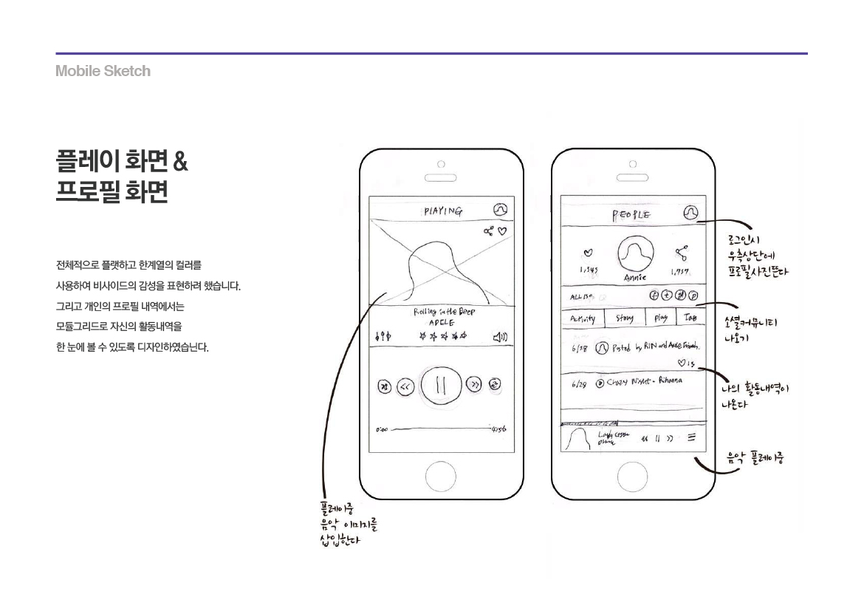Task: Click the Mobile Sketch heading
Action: (103, 72)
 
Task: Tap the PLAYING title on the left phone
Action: (443, 211)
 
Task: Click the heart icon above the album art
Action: (503, 231)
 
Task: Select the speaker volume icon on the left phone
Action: (500, 338)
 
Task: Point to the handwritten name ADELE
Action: (442, 323)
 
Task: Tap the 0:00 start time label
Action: (382, 429)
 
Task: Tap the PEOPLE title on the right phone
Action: (631, 214)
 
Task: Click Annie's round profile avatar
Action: (634, 255)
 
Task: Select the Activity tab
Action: (583, 319)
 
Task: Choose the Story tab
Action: (624, 318)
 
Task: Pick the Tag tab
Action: (690, 318)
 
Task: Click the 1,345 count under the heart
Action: (589, 270)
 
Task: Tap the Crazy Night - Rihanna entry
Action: (639, 382)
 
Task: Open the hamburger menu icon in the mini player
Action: (691, 437)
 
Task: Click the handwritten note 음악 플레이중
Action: (755, 458)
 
